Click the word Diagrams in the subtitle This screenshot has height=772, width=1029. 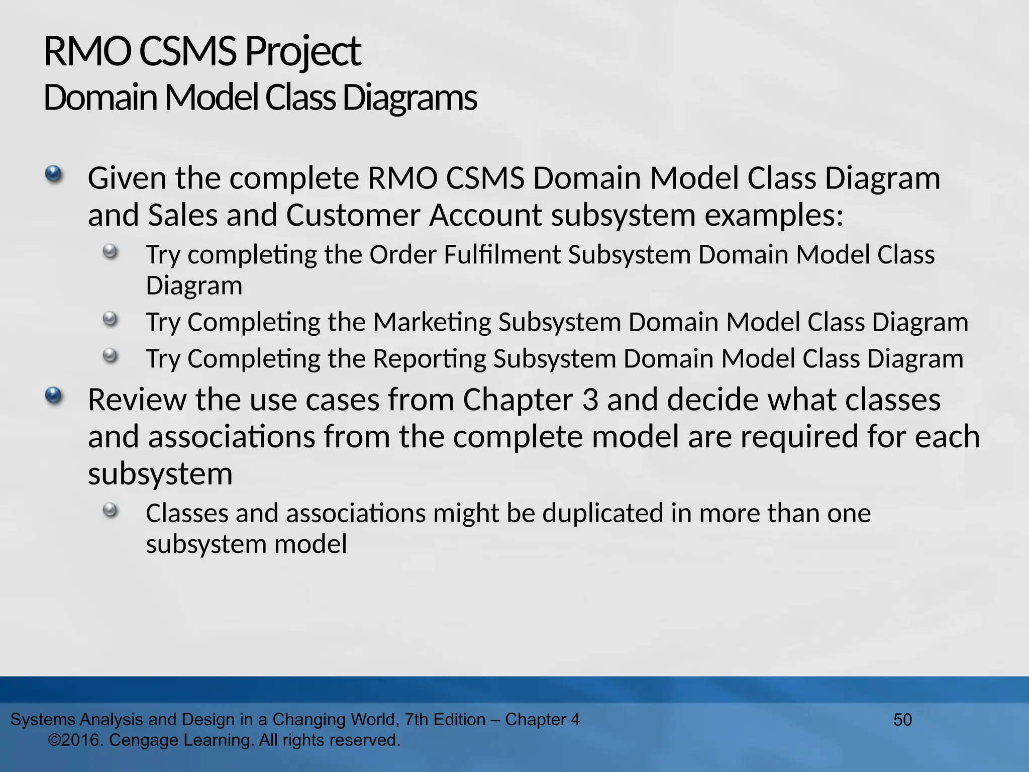[410, 98]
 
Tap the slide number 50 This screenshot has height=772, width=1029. [902, 720]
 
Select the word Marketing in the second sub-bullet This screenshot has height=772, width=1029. [432, 322]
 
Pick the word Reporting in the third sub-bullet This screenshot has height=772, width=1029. [429, 359]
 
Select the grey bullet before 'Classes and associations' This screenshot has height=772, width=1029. [110, 511]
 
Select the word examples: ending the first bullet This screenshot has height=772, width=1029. [774, 216]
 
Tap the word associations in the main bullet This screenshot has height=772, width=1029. [231, 437]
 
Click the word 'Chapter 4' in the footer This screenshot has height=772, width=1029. [542, 720]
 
